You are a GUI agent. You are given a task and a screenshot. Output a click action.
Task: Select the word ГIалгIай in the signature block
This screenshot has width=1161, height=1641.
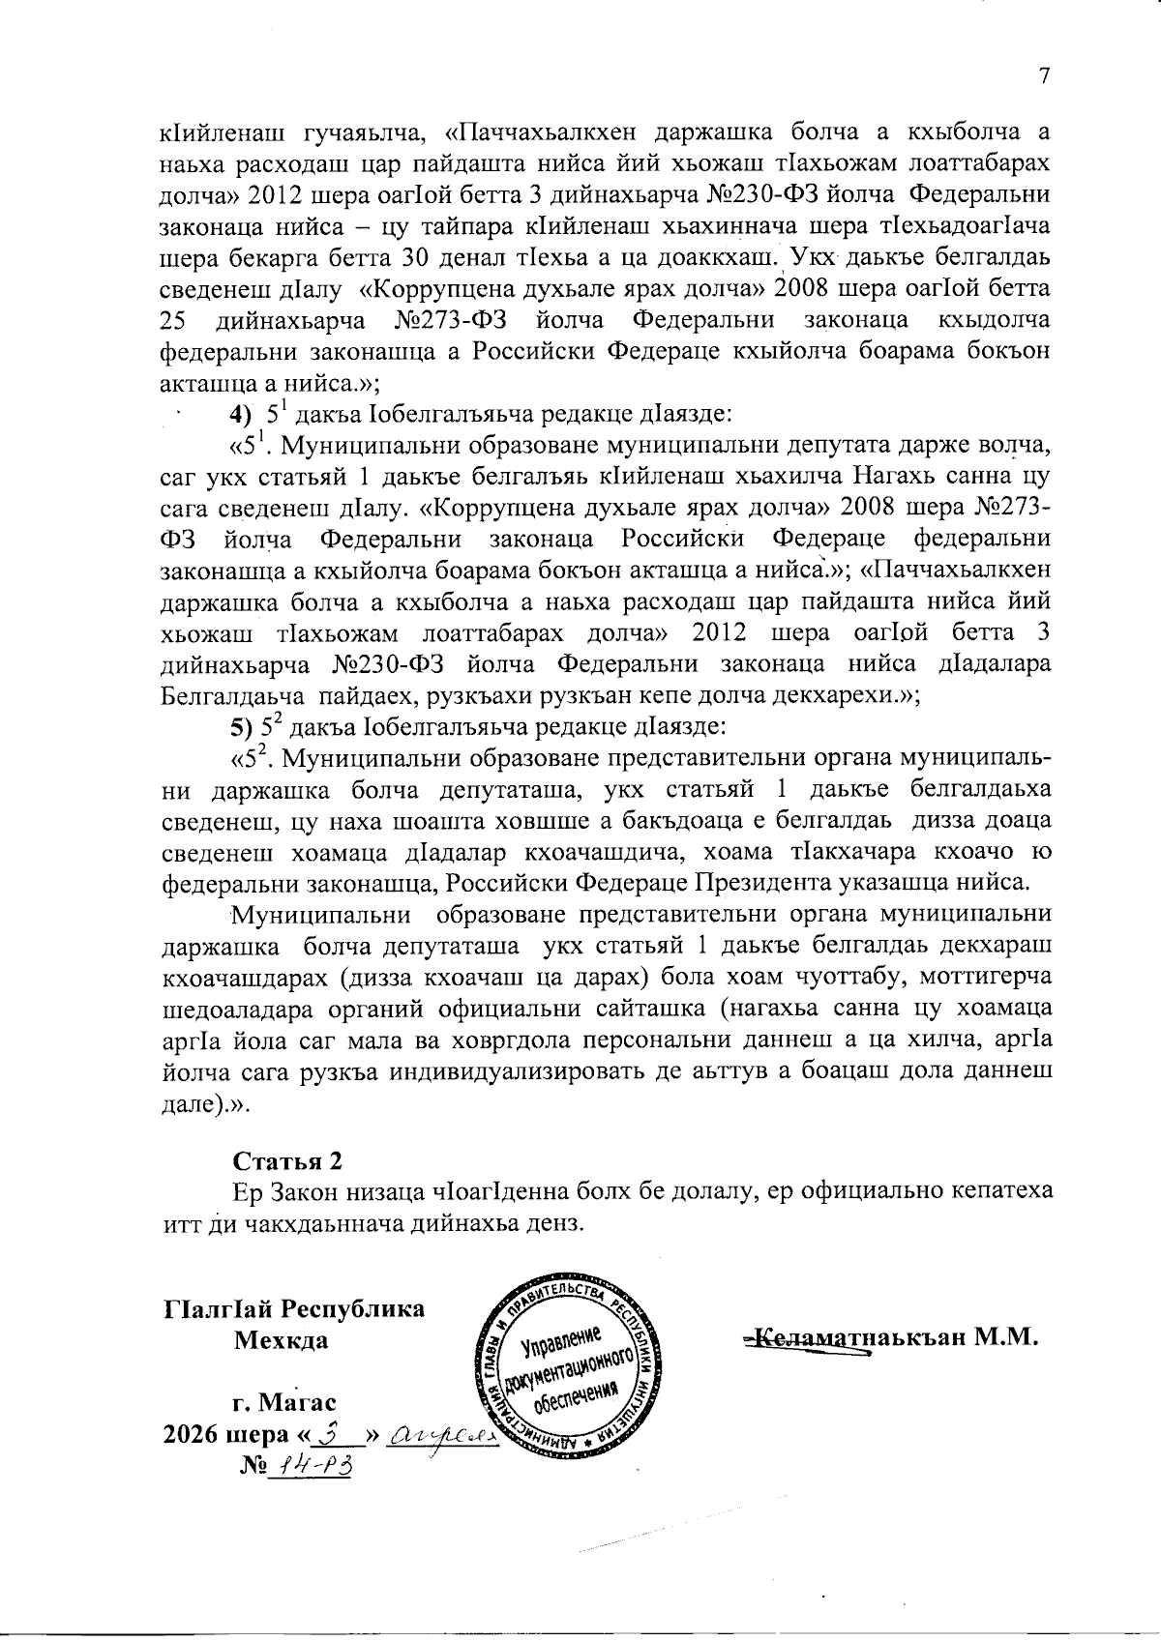217,1309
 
